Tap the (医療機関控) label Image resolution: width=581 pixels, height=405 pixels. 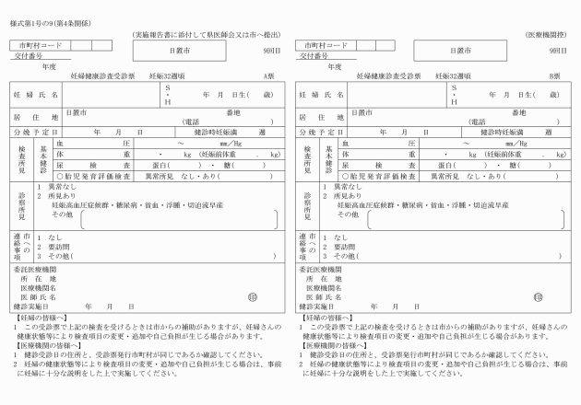545,31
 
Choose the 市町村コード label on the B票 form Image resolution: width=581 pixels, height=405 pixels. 322,44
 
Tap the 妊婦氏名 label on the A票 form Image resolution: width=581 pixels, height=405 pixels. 36,94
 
